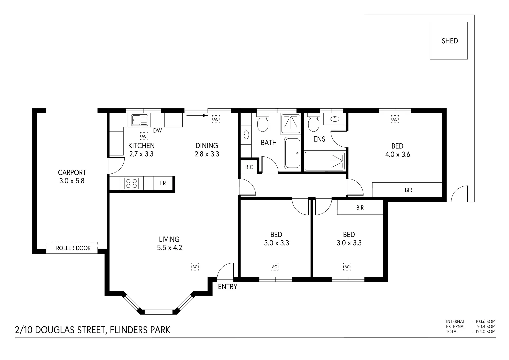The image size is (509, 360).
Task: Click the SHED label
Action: pos(450,41)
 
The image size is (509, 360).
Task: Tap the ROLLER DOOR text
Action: pos(73,248)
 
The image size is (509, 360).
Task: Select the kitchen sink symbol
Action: pos(140,120)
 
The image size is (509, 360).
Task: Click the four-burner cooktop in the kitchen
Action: pos(132,183)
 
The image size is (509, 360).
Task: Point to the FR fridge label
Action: pos(163,183)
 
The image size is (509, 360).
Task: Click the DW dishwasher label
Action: pos(157,130)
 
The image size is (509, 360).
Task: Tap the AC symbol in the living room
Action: pos(195,267)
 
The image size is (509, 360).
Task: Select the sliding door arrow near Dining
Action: pos(197,115)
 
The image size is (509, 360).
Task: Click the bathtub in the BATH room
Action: pos(292,153)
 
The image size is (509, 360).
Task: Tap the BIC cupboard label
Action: pos(249,167)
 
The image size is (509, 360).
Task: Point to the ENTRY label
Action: pos(227,287)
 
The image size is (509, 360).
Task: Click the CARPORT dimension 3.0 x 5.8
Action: pos(72,181)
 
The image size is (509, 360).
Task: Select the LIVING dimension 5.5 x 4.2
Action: pos(170,247)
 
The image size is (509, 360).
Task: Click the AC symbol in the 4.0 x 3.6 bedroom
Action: pos(395,119)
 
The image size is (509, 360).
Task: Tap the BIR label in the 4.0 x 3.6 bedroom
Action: pos(408,190)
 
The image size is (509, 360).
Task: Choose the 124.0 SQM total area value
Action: pos(485,332)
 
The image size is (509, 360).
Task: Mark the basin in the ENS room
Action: pos(335,119)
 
